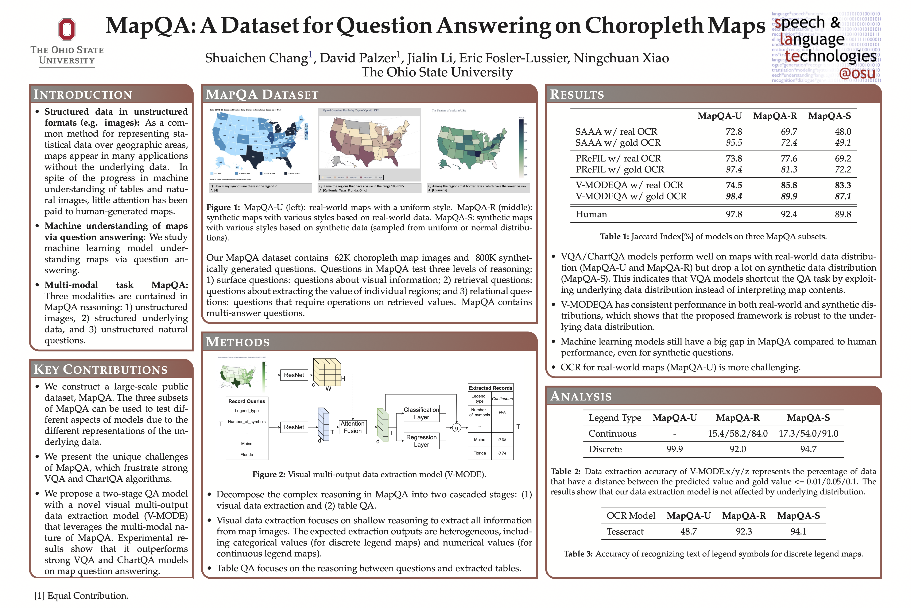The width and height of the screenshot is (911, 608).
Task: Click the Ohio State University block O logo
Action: click(x=67, y=30)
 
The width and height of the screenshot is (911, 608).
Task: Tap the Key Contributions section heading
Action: click(x=101, y=369)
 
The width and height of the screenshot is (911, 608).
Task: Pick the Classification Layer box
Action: click(x=421, y=413)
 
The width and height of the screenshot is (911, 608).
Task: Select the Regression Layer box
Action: click(x=421, y=441)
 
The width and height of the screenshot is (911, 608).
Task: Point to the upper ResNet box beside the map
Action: click(x=294, y=375)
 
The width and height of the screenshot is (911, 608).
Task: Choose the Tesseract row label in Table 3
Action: click(x=625, y=532)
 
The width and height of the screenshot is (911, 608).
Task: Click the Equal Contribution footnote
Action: click(x=81, y=596)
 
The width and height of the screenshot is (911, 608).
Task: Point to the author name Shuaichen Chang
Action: click(x=256, y=58)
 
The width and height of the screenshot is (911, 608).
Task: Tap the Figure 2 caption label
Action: click(x=269, y=475)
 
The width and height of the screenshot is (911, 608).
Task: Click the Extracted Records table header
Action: click(x=490, y=388)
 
